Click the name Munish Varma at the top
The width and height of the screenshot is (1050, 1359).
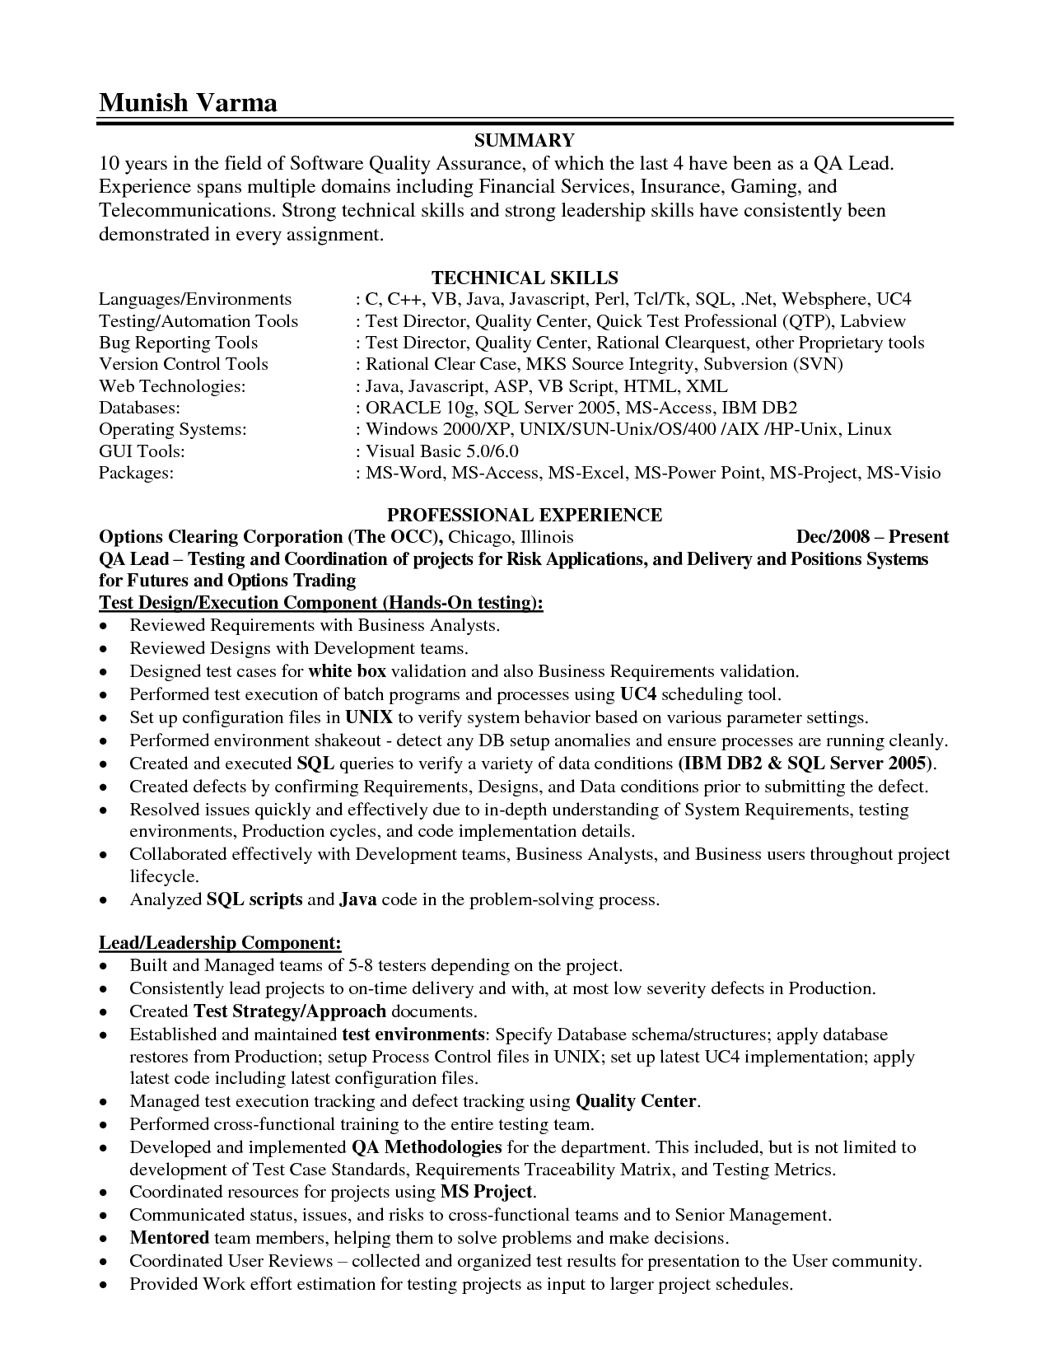[188, 102]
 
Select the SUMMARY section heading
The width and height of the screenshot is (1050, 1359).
[525, 140]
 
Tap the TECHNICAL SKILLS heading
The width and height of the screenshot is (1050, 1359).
[525, 278]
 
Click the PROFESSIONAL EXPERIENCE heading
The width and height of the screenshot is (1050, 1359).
[525, 515]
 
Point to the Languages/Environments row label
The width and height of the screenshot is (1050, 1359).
[195, 299]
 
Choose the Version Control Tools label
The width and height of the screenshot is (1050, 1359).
[184, 364]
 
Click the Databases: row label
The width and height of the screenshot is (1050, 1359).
[139, 408]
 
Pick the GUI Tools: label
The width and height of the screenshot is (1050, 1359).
[142, 451]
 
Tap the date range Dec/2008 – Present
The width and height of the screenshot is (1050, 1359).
[872, 537]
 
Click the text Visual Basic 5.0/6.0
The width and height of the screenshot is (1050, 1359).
[442, 451]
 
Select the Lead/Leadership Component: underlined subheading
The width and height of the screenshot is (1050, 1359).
[220, 942]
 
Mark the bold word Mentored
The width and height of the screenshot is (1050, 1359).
[169, 1237]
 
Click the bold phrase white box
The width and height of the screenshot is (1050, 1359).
[347, 671]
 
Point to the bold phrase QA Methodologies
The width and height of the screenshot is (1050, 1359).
[427, 1147]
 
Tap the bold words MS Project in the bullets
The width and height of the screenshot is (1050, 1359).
[488, 1191]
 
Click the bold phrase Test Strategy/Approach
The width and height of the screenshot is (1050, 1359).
[290, 1011]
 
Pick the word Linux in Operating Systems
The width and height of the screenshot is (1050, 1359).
[870, 429]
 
